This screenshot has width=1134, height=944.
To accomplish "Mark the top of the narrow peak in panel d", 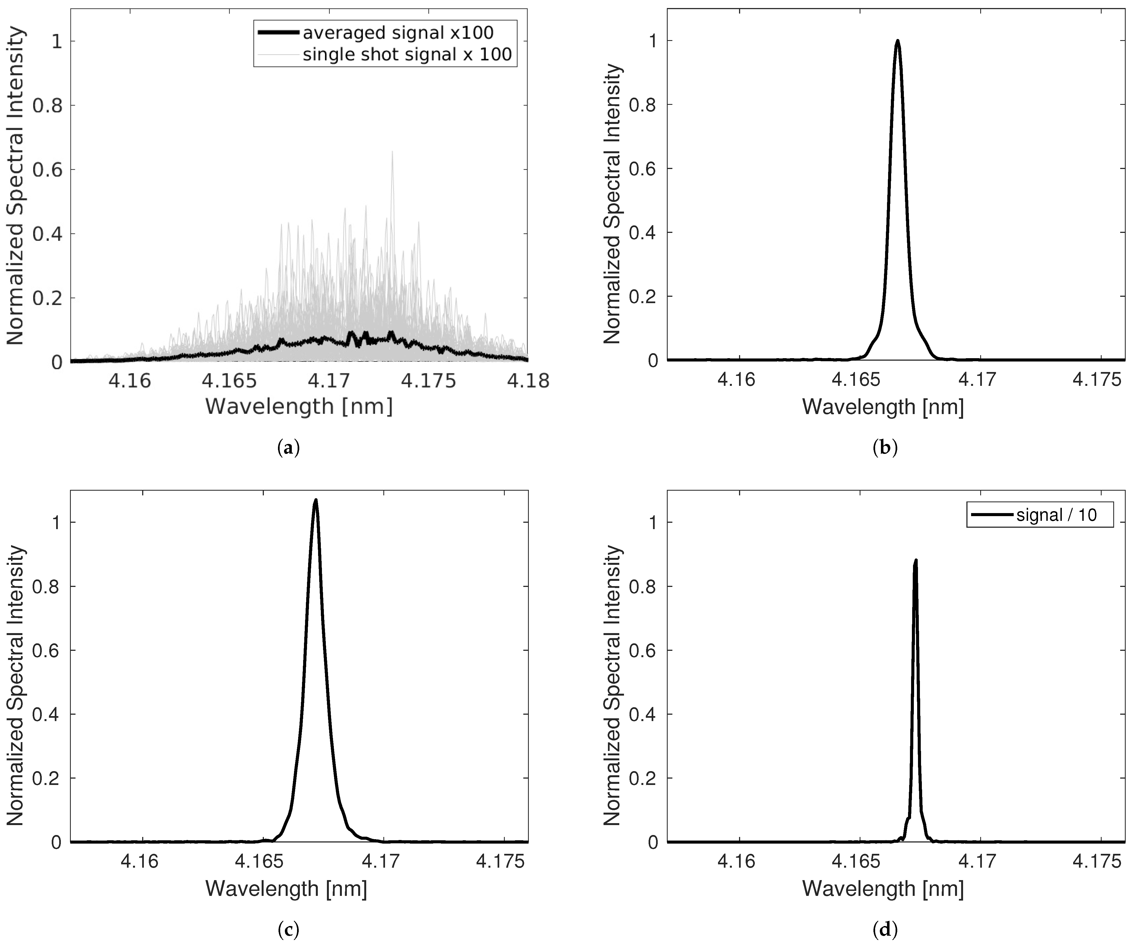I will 915,561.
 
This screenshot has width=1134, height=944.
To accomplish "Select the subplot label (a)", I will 288,448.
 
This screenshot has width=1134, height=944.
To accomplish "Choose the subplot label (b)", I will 885,448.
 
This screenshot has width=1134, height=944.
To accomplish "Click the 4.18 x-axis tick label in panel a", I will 527,381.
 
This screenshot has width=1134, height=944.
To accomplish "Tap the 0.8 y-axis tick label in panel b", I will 644,105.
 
